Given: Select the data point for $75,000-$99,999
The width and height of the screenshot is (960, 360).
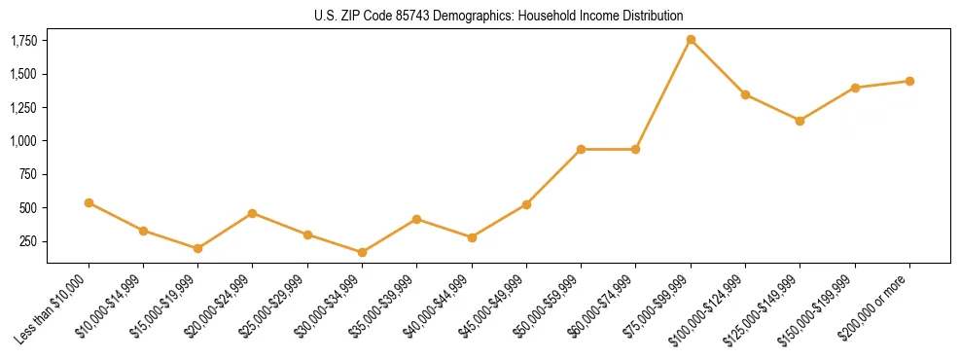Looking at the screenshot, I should click(x=691, y=40).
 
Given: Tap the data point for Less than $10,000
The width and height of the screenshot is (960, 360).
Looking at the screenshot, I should click(x=89, y=202).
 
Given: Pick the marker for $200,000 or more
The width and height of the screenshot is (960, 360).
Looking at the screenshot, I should click(x=909, y=81).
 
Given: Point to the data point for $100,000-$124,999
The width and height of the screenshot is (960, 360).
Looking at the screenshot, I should click(x=745, y=94).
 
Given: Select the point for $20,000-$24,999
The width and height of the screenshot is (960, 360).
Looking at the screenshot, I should click(x=253, y=213).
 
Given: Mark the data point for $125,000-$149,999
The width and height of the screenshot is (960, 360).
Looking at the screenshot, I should click(x=800, y=121).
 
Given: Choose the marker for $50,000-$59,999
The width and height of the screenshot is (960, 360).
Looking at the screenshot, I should click(x=581, y=149).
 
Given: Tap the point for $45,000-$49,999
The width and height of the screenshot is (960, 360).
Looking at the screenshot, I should click(x=526, y=204).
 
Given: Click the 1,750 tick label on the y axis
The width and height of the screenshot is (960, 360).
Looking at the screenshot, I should click(x=24, y=41).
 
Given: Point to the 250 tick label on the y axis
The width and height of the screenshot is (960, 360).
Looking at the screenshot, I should click(x=30, y=241).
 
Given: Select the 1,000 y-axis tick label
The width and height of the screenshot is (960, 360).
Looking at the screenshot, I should click(x=24, y=141).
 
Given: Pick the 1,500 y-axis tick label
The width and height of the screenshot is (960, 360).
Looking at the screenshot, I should click(x=24, y=74).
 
